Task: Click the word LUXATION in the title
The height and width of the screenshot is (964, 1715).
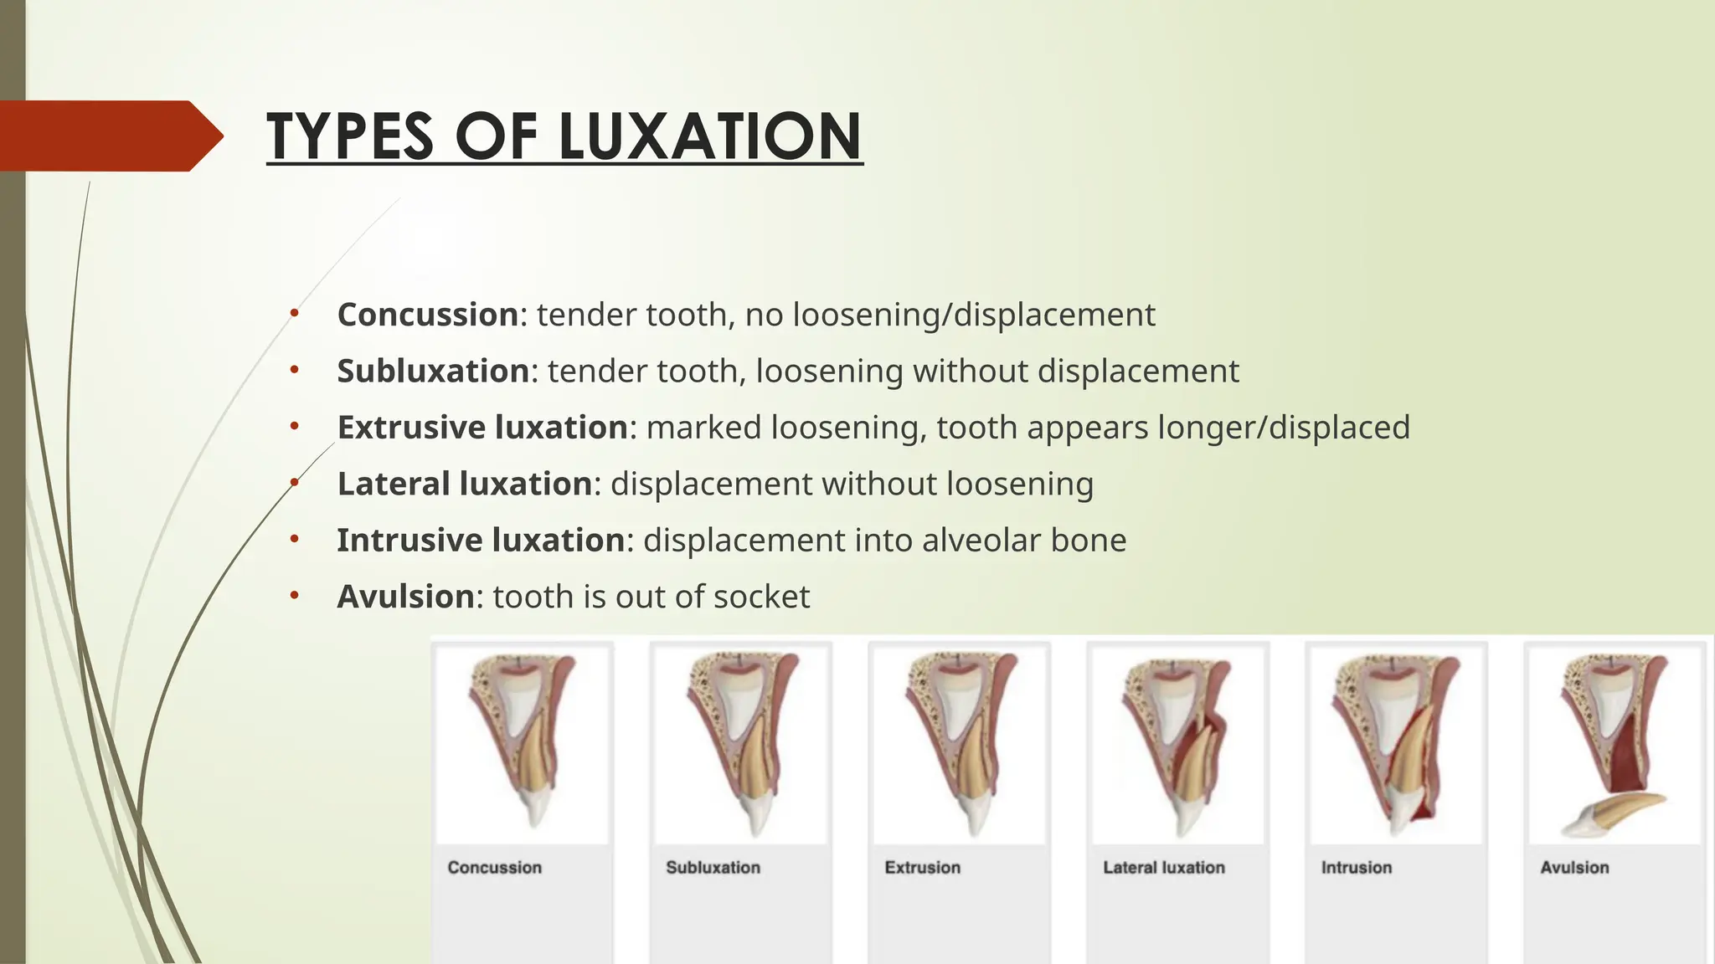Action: click(709, 136)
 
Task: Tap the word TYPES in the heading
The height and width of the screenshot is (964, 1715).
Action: click(351, 136)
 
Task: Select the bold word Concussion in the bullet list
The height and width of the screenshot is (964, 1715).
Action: click(428, 315)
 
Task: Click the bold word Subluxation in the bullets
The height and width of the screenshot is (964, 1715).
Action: click(433, 371)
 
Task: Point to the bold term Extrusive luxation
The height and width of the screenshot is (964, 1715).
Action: click(482, 427)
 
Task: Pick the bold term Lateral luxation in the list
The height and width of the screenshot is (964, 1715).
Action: click(465, 484)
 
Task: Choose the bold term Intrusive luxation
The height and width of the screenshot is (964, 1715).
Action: click(481, 540)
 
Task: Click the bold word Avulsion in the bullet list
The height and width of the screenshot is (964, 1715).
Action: click(406, 597)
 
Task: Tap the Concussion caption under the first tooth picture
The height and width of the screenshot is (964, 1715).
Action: click(494, 868)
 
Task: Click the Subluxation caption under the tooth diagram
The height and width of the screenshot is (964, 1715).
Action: click(713, 868)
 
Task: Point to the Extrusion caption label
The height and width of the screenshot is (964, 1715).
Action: click(922, 868)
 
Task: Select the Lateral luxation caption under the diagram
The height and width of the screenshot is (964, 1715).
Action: click(1163, 868)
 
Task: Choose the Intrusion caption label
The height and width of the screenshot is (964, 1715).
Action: click(1356, 868)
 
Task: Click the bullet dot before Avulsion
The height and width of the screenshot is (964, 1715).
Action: click(294, 597)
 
